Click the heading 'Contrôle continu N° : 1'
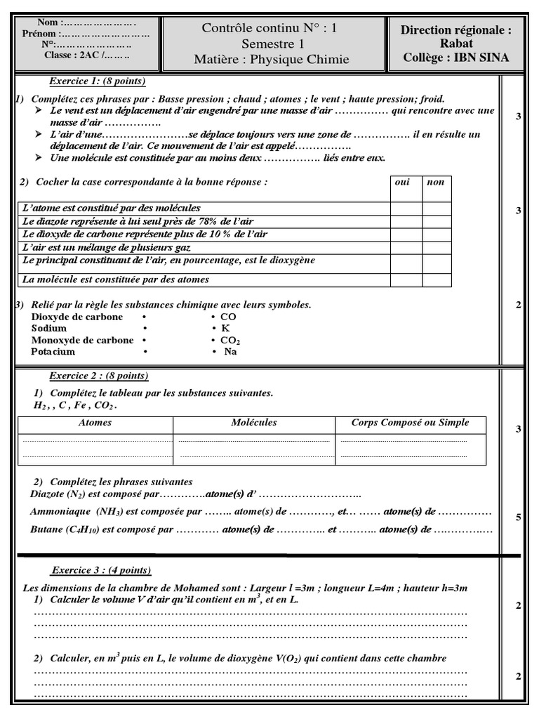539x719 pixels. (x=269, y=29)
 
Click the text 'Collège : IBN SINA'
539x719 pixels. (x=455, y=58)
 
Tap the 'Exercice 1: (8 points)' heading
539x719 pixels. (x=97, y=81)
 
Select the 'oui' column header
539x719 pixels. (x=403, y=182)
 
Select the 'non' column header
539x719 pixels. (x=436, y=182)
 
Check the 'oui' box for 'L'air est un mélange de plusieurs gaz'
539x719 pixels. (x=406, y=247)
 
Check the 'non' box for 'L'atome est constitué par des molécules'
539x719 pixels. (x=437, y=208)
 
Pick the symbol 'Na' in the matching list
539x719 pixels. (x=230, y=352)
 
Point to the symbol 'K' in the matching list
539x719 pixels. (x=225, y=329)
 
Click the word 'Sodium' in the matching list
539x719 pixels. (x=49, y=329)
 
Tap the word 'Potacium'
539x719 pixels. (x=53, y=352)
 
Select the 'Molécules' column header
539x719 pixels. (x=253, y=423)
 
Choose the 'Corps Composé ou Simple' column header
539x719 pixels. (x=411, y=423)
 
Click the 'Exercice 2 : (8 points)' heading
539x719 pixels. (x=99, y=376)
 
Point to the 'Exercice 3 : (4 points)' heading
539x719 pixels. (x=101, y=570)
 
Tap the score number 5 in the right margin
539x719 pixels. (x=518, y=518)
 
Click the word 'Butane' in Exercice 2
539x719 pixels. (x=46, y=529)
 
